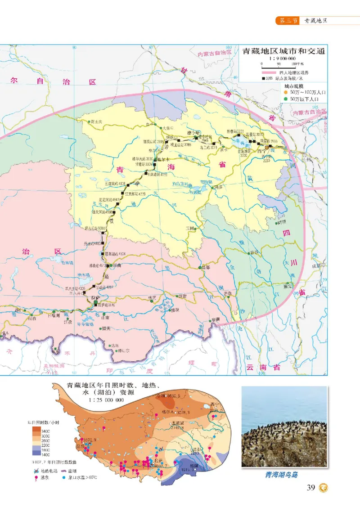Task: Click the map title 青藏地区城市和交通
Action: pyautogui.click(x=283, y=51)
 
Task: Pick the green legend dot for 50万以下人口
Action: pyautogui.click(x=286, y=99)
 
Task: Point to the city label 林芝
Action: pyautogui.click(x=151, y=298)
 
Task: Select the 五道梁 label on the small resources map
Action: pyautogui.click(x=179, y=423)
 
